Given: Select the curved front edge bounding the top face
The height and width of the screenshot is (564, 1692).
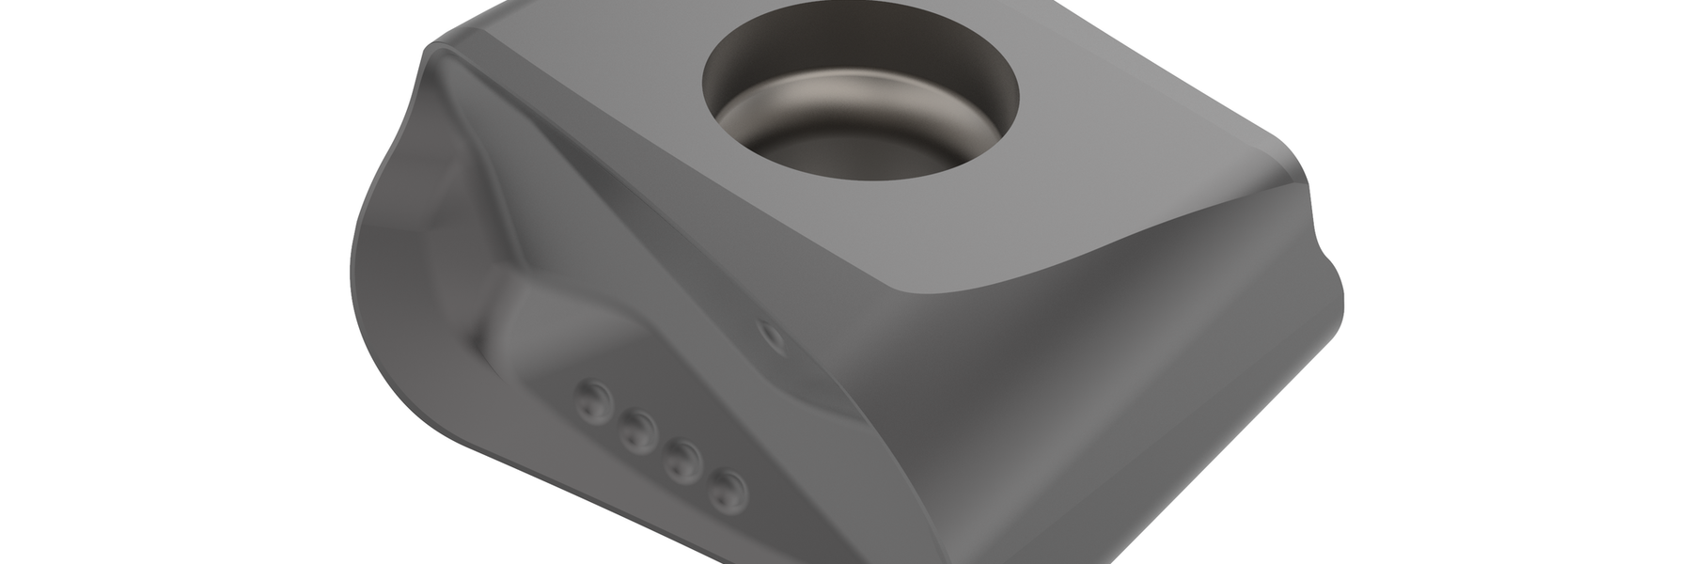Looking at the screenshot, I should coord(1081,273).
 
